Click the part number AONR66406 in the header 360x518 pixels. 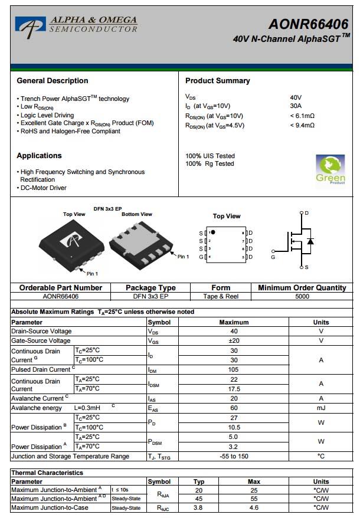(308, 24)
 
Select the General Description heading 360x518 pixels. (53, 81)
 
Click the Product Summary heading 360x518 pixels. (217, 81)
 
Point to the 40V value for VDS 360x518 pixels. (296, 97)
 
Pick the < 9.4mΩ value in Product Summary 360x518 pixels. (302, 125)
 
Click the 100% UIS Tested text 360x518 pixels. (210, 156)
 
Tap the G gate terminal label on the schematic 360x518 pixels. (273, 257)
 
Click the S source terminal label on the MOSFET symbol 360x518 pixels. (306, 267)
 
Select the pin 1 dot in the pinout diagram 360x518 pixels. (213, 232)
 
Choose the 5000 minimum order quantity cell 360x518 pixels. (302, 297)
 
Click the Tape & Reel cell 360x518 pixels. (220, 297)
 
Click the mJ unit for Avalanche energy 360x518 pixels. (321, 408)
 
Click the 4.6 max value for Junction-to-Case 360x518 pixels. (254, 507)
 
